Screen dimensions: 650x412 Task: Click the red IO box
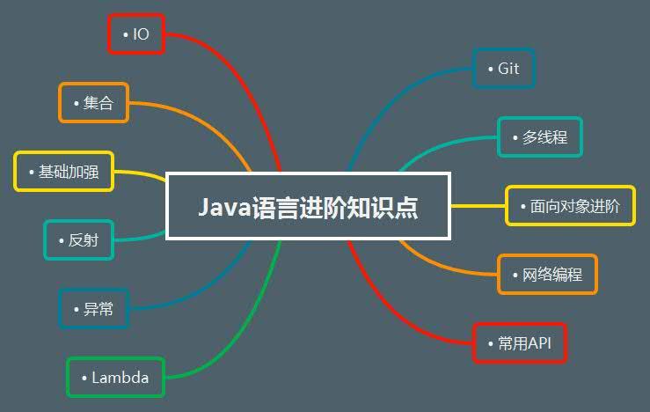pyautogui.click(x=136, y=34)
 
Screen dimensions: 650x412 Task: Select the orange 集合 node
pyautogui.click(x=94, y=103)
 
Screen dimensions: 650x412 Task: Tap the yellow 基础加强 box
pyautogui.click(x=64, y=172)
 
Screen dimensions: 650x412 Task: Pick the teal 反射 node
pyautogui.click(x=79, y=240)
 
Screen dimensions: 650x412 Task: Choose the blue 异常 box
pyautogui.click(x=94, y=309)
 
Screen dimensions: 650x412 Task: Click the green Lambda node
pyautogui.click(x=115, y=378)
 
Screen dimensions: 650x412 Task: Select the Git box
pyautogui.click(x=504, y=69)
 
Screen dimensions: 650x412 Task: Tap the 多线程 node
pyautogui.click(x=540, y=137)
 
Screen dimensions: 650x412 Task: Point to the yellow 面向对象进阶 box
pyautogui.click(x=571, y=206)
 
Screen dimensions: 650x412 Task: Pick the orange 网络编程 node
pyautogui.click(x=548, y=275)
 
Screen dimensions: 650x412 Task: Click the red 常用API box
pyautogui.click(x=520, y=343)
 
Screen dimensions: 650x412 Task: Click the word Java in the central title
pyautogui.click(x=224, y=208)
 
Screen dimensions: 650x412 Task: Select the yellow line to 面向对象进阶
pyautogui.click(x=478, y=206)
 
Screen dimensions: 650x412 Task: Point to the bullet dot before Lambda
pyautogui.click(x=84, y=378)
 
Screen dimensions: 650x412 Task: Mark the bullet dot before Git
pyautogui.click(x=491, y=69)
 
